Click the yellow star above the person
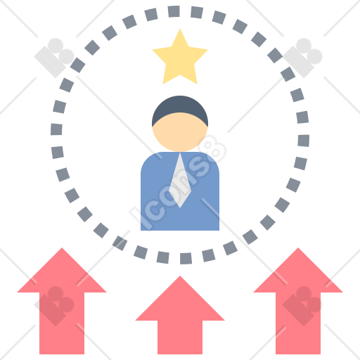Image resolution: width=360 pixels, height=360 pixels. coord(180,58)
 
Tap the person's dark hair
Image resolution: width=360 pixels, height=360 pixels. coord(180,107)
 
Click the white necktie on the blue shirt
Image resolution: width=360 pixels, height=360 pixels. coord(180,181)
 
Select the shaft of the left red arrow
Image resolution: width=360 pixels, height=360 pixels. coord(62,323)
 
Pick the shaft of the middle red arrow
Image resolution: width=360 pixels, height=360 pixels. coord(180,337)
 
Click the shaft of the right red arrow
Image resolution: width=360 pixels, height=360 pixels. coord(298,323)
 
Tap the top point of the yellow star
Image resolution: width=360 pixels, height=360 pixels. coord(180,29)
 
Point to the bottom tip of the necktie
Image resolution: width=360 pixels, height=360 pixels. coord(180,207)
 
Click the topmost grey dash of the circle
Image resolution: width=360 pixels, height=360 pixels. coord(174,11)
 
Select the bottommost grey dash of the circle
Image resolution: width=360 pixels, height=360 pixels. coord(186,259)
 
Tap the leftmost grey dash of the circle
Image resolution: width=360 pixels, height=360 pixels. coord(56,129)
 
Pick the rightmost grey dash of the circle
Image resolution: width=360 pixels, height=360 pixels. coord(304,141)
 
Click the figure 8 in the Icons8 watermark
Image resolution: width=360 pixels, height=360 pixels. coord(212,149)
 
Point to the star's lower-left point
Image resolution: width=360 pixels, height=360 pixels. coord(164,82)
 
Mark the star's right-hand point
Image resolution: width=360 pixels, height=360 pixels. coord(207,50)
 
